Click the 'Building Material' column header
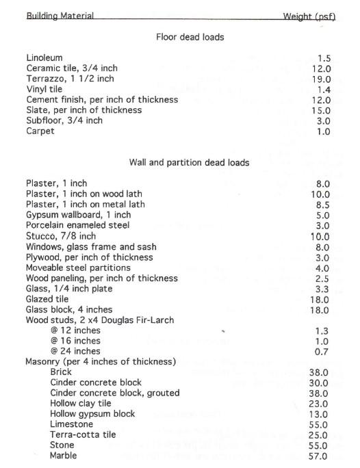pos(60,16)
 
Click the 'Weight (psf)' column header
pos(309,16)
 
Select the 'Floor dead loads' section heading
pos(190,37)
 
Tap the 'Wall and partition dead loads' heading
pos(189,163)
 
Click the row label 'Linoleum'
pos(44,58)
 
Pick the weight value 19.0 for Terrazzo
pos(321,79)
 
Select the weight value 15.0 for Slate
pos(321,110)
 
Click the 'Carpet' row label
pos(41,131)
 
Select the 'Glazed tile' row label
pos(48,299)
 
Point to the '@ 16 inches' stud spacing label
pos(75,341)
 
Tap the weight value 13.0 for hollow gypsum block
pos(320,414)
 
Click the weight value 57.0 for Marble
pos(320,456)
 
